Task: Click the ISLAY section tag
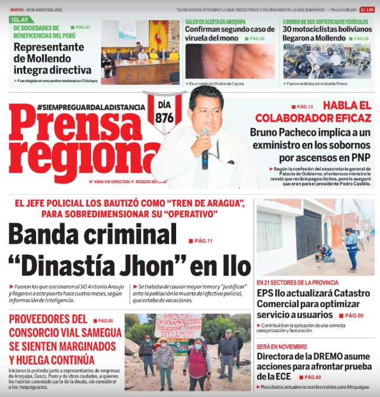20,19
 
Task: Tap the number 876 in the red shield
164,118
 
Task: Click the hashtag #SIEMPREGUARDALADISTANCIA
90,107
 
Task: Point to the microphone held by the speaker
205,147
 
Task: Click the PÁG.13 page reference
306,106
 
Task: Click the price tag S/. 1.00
368,9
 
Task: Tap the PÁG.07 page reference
82,28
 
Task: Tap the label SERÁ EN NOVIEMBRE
283,347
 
